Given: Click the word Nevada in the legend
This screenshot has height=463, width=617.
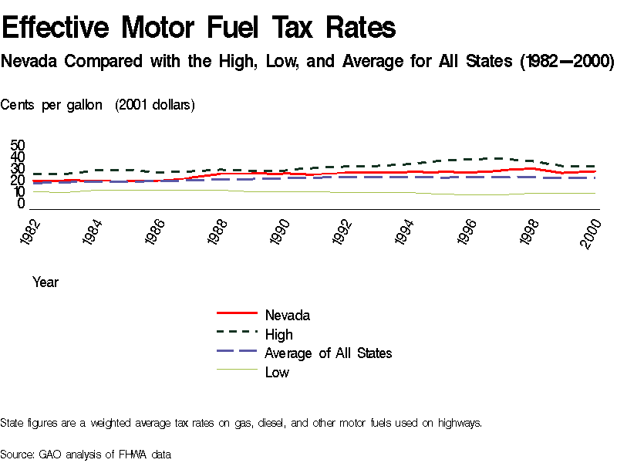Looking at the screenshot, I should (287, 315).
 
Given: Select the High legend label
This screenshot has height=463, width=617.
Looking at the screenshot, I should (278, 334).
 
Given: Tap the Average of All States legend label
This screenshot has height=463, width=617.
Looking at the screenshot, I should (328, 353).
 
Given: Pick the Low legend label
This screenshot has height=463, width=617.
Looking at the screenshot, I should (277, 372).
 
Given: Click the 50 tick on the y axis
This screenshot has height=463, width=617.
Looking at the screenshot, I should (18, 146).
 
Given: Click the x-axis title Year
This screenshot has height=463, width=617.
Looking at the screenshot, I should (46, 282).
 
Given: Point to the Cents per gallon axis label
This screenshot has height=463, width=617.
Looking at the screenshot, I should (52, 105).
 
